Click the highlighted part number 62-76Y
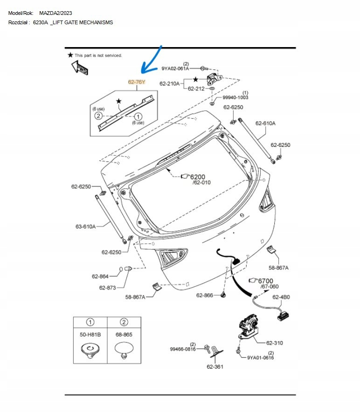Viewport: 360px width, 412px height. click(x=137, y=82)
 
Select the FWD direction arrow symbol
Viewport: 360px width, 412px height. click(x=79, y=68)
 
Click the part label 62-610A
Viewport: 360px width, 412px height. click(x=265, y=123)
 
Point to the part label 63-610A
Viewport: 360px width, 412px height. click(x=85, y=227)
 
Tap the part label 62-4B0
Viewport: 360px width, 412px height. click(x=281, y=297)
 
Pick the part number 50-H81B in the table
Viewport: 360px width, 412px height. click(x=90, y=335)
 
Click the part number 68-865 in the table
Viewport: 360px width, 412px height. click(x=124, y=335)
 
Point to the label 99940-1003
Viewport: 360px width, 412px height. click(x=235, y=97)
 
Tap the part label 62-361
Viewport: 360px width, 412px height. click(x=215, y=366)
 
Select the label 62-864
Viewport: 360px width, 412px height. click(x=100, y=276)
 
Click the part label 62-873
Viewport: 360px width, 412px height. click(x=107, y=288)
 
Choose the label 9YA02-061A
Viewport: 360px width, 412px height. click(x=175, y=69)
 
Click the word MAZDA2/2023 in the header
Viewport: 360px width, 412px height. click(x=55, y=13)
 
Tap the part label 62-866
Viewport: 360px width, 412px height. click(x=204, y=295)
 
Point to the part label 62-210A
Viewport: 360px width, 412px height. click(x=170, y=84)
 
